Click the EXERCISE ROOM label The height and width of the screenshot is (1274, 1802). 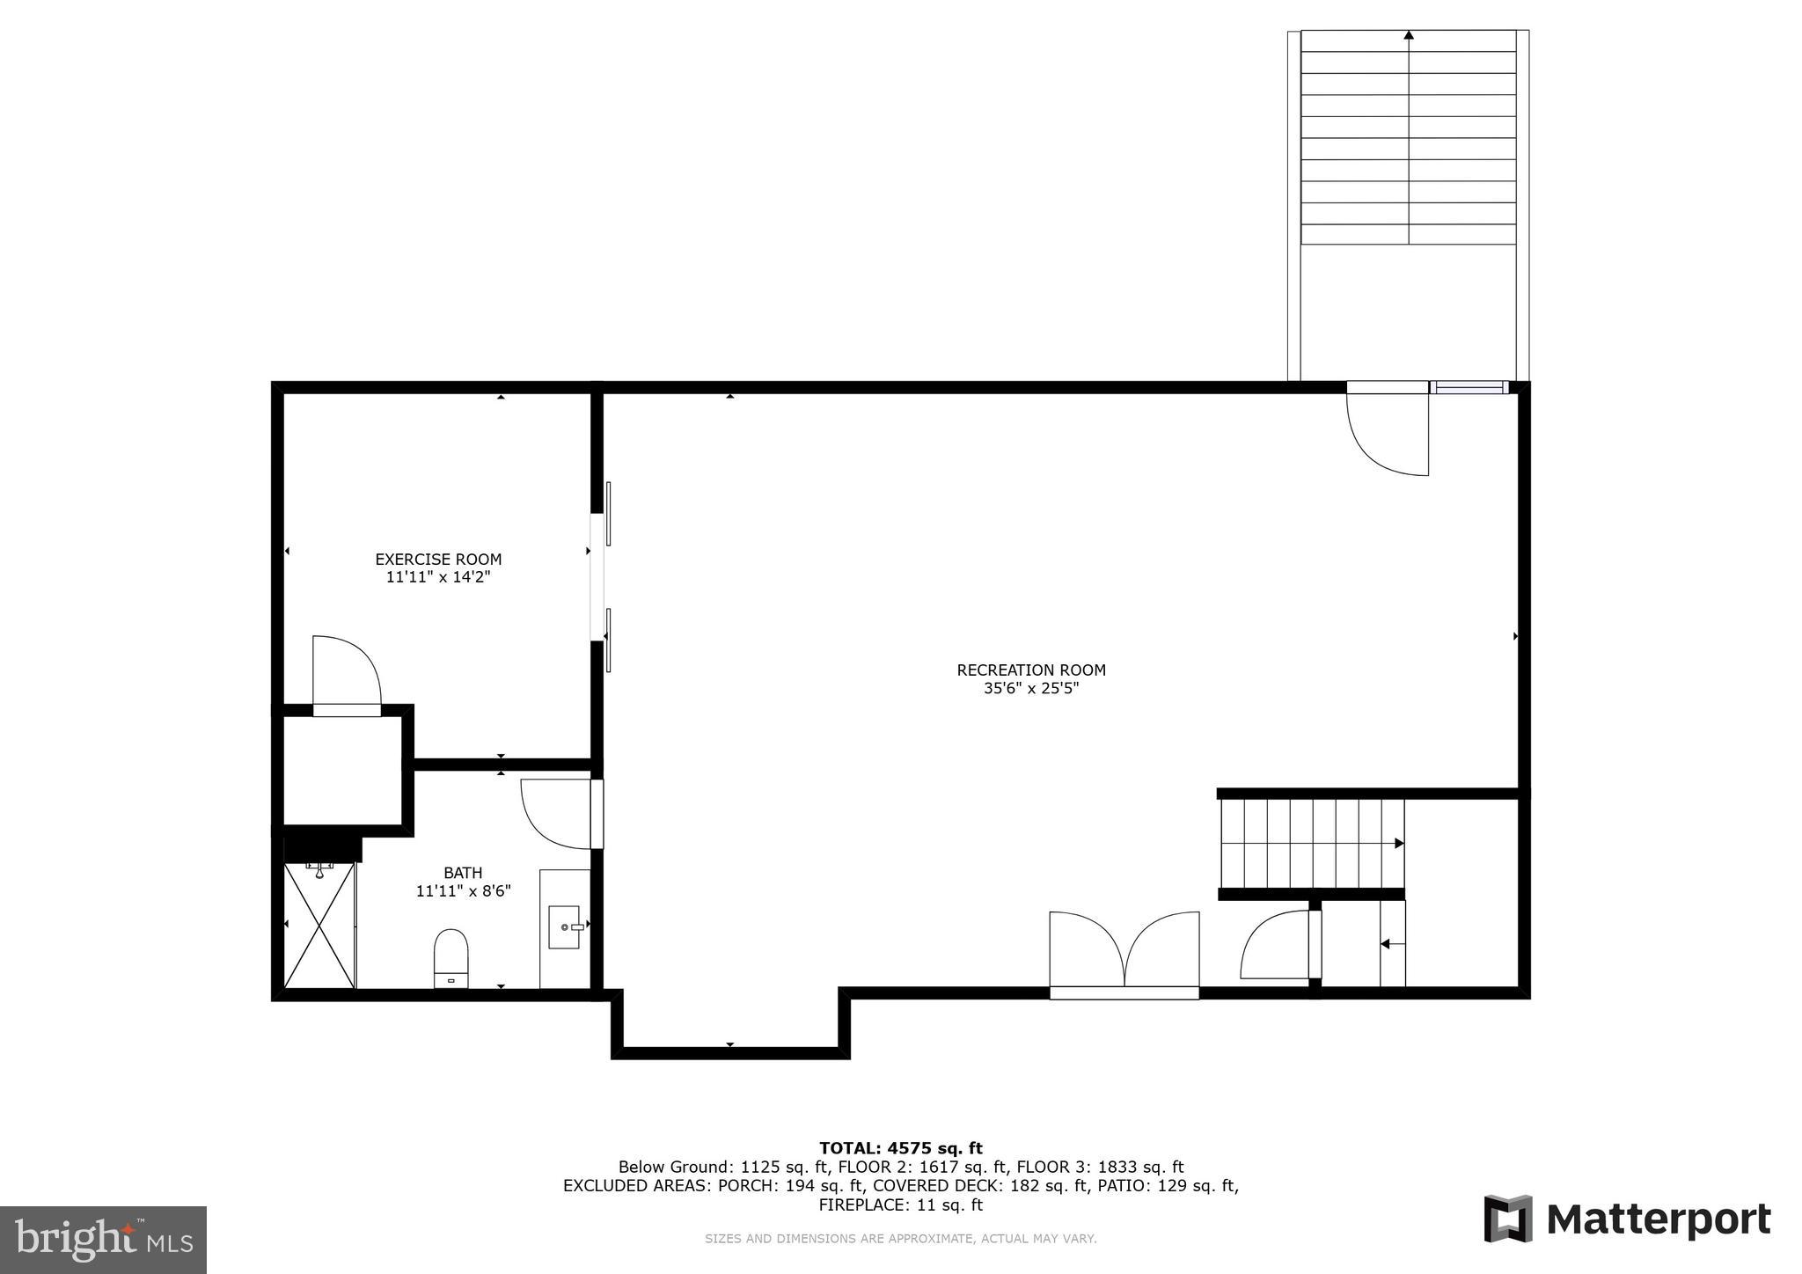coord(438,560)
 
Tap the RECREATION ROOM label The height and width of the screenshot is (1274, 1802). coord(1031,670)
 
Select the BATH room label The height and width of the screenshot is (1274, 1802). coord(463,873)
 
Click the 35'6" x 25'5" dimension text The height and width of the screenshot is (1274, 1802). coord(1031,689)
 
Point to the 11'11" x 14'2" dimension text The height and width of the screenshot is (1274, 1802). coord(438,578)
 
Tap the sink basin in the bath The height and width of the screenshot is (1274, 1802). coord(564,926)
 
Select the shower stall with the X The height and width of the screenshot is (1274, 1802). coord(319,926)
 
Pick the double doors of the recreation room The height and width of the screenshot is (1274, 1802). coord(1124,955)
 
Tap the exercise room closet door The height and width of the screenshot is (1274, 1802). coord(346,673)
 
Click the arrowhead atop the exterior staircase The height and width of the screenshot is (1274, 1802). coord(1409,35)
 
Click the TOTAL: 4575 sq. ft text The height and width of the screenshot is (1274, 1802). coord(900,1148)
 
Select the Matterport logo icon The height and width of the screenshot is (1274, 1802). coord(1508,1219)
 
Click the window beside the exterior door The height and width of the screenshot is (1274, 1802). coord(1469,387)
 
